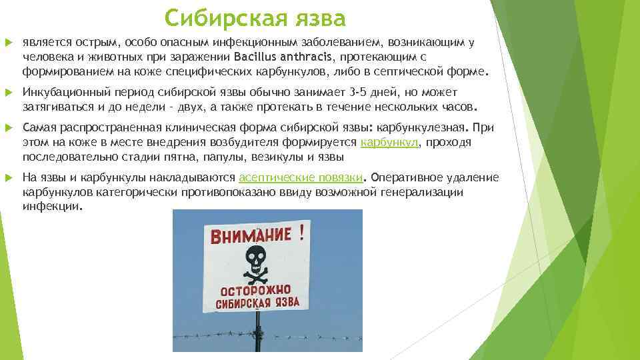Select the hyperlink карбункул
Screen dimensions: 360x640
pos(389,142)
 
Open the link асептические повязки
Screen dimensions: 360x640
pos(301,177)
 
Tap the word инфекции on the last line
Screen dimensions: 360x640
pos(51,207)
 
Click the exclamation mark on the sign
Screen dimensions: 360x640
pos(301,232)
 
